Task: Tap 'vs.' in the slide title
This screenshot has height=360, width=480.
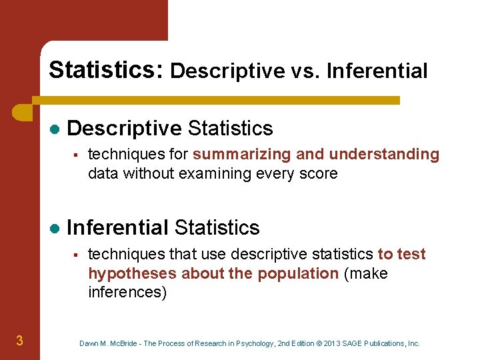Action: [x=311, y=71]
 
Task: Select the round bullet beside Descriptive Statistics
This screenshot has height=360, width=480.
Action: [x=55, y=129]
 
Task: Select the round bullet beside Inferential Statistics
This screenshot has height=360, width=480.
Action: [x=55, y=228]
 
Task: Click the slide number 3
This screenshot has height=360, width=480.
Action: [x=20, y=341]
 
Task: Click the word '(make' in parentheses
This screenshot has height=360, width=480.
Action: [x=365, y=273]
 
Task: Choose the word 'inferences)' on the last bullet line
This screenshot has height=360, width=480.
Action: [x=127, y=293]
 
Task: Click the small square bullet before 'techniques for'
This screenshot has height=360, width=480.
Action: [x=77, y=155]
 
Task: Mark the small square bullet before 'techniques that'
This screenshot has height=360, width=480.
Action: [x=77, y=254]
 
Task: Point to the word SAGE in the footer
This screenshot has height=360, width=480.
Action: [x=359, y=343]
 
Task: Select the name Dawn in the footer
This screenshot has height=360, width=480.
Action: [x=89, y=343]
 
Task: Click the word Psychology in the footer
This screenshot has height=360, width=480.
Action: [x=249, y=343]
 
